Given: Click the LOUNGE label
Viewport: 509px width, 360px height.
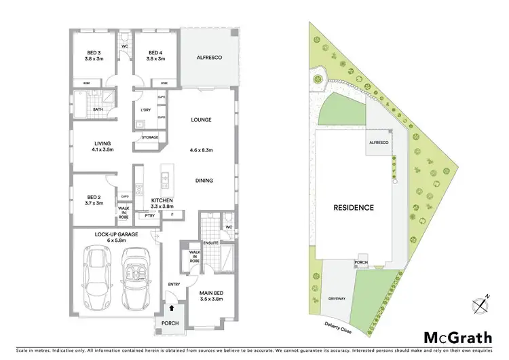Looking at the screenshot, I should [x=201, y=120].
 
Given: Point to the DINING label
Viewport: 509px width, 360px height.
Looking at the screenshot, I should [x=204, y=181].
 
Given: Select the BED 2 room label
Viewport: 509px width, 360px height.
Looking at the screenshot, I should [x=90, y=199].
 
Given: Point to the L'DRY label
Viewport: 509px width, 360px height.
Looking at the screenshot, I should [x=146, y=110].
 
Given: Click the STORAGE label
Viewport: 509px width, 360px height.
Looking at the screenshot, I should [x=149, y=137].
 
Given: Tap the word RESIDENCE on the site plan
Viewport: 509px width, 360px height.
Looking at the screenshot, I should [x=353, y=207].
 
